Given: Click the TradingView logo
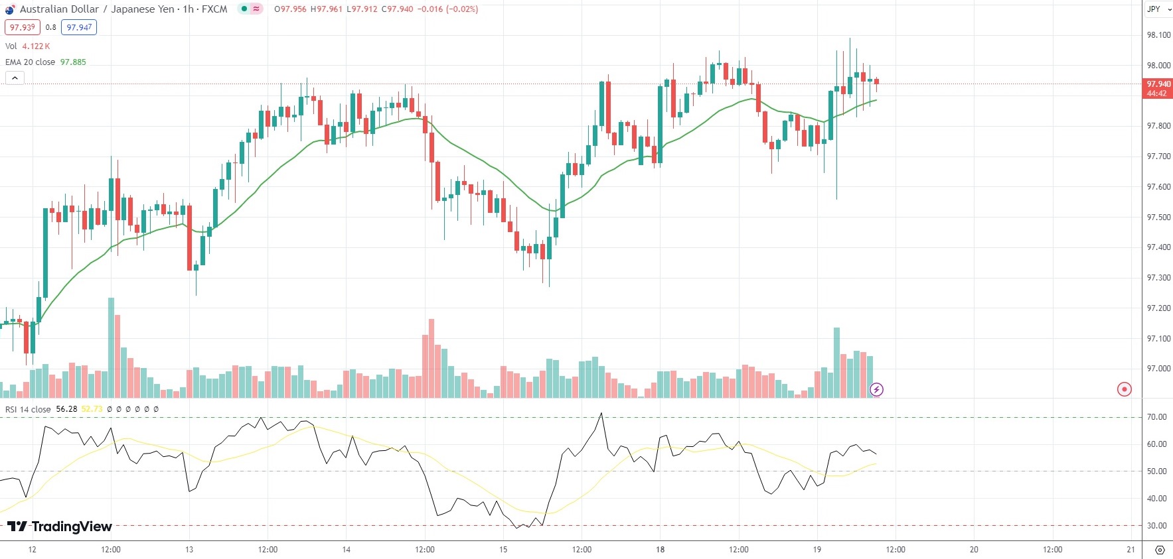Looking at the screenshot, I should tap(60, 527).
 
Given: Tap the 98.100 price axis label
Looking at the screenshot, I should tap(1158, 35).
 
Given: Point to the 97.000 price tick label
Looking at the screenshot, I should tap(1158, 369).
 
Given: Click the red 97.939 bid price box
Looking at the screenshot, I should tap(23, 27).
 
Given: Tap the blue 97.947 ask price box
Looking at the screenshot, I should tap(79, 27).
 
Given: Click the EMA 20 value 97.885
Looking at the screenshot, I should tap(73, 62).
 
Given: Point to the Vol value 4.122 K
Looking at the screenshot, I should tap(36, 46).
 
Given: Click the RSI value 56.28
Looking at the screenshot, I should tap(66, 409).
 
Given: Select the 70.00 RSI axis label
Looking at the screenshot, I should tap(1156, 417).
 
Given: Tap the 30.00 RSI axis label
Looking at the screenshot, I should tap(1156, 526).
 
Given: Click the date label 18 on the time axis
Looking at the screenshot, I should tap(660, 550).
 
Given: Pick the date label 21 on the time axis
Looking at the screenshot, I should tap(1131, 550).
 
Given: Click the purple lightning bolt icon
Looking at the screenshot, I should tap(876, 389).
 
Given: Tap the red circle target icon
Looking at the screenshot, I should tap(1124, 389).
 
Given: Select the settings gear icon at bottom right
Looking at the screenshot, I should tap(1160, 550).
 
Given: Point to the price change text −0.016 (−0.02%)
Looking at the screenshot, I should tap(448, 9).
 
